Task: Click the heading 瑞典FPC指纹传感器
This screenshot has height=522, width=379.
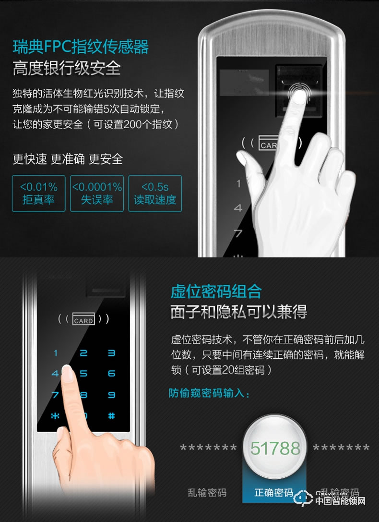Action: coord(81,47)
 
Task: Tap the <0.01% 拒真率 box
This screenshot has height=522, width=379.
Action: coord(38,194)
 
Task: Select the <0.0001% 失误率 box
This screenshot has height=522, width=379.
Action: coord(97,194)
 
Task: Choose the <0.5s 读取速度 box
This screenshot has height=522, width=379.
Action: coord(155,194)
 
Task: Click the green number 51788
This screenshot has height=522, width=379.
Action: coord(275,449)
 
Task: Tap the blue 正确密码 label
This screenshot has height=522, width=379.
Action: coord(274,493)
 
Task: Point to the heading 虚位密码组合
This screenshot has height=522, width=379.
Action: coord(216,291)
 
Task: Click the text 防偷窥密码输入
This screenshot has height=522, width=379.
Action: coord(209,393)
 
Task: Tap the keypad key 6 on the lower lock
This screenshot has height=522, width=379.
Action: coord(112,373)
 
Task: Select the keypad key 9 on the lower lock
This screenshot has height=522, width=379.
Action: coord(112,395)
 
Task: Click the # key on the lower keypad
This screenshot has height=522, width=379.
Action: coord(112,416)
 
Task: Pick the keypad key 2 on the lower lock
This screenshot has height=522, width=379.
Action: coord(83,353)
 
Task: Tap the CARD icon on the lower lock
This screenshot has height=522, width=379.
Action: coord(83,319)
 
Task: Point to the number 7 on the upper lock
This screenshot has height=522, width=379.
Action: coord(238,234)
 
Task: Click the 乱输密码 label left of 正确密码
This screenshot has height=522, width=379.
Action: coord(207,493)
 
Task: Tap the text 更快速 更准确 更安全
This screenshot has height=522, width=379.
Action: coord(68,159)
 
